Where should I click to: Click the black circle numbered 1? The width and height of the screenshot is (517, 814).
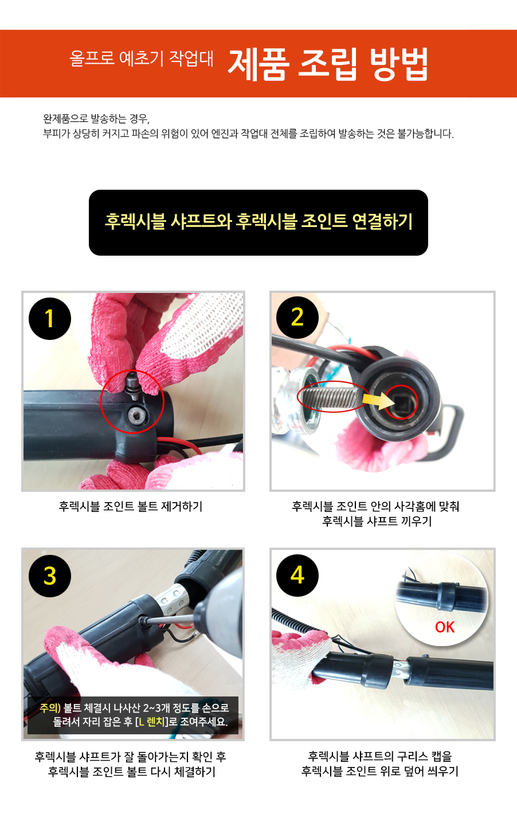pyautogui.click(x=50, y=319)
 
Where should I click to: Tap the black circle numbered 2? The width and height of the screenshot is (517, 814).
pyautogui.click(x=297, y=318)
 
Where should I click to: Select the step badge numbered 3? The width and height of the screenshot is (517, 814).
pyautogui.click(x=50, y=576)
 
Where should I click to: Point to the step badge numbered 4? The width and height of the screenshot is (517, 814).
pyautogui.click(x=297, y=576)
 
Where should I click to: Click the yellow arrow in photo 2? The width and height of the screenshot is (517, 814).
pyautogui.click(x=378, y=401)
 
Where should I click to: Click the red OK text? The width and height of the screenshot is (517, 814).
pyautogui.click(x=445, y=627)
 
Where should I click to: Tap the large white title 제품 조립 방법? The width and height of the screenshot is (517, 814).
pyautogui.click(x=328, y=64)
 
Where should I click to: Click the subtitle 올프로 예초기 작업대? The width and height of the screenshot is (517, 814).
pyautogui.click(x=141, y=58)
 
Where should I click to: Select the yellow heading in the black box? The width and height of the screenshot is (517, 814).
pyautogui.click(x=258, y=221)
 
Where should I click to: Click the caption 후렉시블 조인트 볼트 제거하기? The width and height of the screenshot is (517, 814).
pyautogui.click(x=131, y=506)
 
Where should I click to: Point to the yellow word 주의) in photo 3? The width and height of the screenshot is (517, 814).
pyautogui.click(x=50, y=708)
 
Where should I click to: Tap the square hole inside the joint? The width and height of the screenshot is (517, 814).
pyautogui.click(x=401, y=402)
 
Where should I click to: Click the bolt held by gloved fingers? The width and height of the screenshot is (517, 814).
pyautogui.click(x=132, y=385)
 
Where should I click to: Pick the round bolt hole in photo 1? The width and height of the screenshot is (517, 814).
pyautogui.click(x=136, y=416)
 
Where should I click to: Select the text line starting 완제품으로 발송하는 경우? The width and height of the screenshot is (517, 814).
pyautogui.click(x=96, y=119)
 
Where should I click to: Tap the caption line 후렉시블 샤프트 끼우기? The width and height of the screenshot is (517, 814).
pyautogui.click(x=377, y=521)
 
